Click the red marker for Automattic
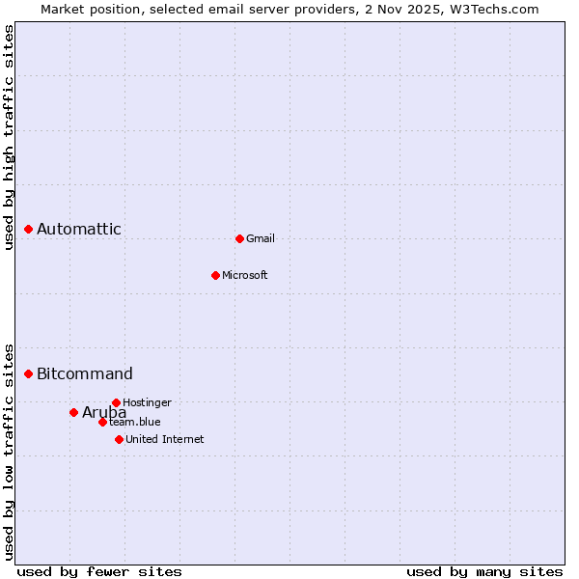tap(29, 229)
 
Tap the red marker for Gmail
tap(239, 238)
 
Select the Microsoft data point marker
tap(215, 275)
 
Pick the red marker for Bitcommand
tap(29, 373)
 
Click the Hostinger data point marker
tap(116, 402)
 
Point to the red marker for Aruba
tap(73, 412)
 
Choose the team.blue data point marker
tap(102, 422)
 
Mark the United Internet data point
tap(119, 439)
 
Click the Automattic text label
tap(79, 229)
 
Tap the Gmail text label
tap(261, 238)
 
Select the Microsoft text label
tap(245, 275)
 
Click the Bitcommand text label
tap(85, 373)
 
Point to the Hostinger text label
tap(148, 402)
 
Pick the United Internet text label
tap(165, 439)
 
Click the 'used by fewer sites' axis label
tap(99, 571)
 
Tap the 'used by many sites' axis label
tap(484, 571)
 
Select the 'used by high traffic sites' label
tap(9, 137)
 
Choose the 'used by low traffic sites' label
tap(9, 451)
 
